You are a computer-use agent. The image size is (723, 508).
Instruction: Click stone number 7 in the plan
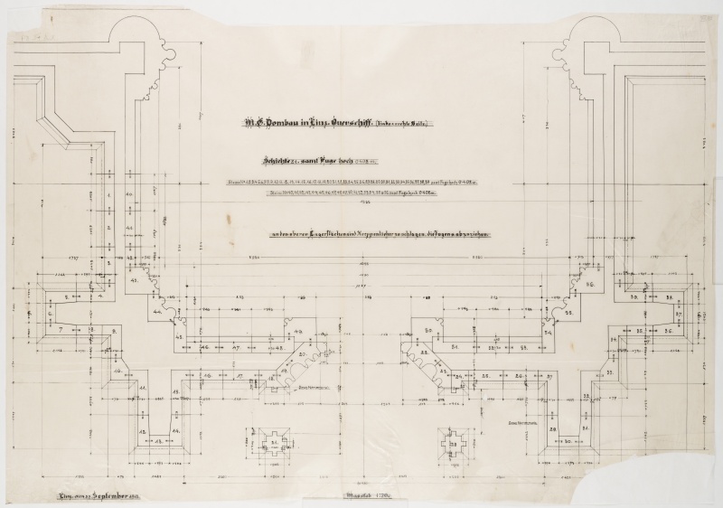[x=61, y=332]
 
